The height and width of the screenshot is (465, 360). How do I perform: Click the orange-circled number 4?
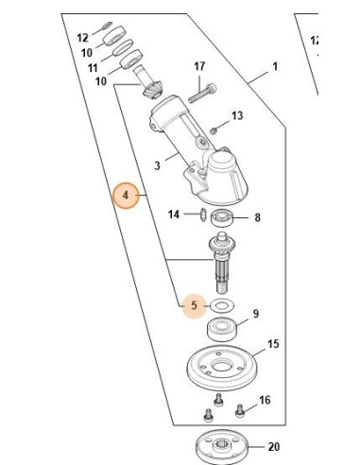[126, 196]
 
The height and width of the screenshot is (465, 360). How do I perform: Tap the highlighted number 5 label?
[194, 305]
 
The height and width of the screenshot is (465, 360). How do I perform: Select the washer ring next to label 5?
[222, 305]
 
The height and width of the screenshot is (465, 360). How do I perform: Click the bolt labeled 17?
[202, 94]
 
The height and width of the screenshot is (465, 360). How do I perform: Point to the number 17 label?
[199, 66]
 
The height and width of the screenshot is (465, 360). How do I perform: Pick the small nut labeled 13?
[214, 129]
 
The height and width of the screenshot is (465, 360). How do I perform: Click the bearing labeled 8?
[222, 218]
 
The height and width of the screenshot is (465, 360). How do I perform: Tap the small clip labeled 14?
[202, 215]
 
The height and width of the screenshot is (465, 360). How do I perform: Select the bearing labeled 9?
[222, 329]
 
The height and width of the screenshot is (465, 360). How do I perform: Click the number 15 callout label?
[273, 344]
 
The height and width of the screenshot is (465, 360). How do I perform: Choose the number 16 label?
[265, 400]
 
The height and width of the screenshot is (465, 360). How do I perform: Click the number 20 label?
[273, 447]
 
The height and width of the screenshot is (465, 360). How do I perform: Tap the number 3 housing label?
[157, 165]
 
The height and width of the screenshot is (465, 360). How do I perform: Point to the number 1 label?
[275, 66]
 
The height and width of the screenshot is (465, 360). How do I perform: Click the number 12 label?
[82, 38]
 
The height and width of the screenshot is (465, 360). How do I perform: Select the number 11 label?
[93, 68]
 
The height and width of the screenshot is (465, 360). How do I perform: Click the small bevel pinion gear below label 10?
[152, 90]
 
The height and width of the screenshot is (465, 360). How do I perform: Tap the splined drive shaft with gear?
[222, 262]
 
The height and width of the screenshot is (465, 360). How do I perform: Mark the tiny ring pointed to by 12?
[108, 25]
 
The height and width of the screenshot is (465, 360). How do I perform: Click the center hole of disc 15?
[222, 366]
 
